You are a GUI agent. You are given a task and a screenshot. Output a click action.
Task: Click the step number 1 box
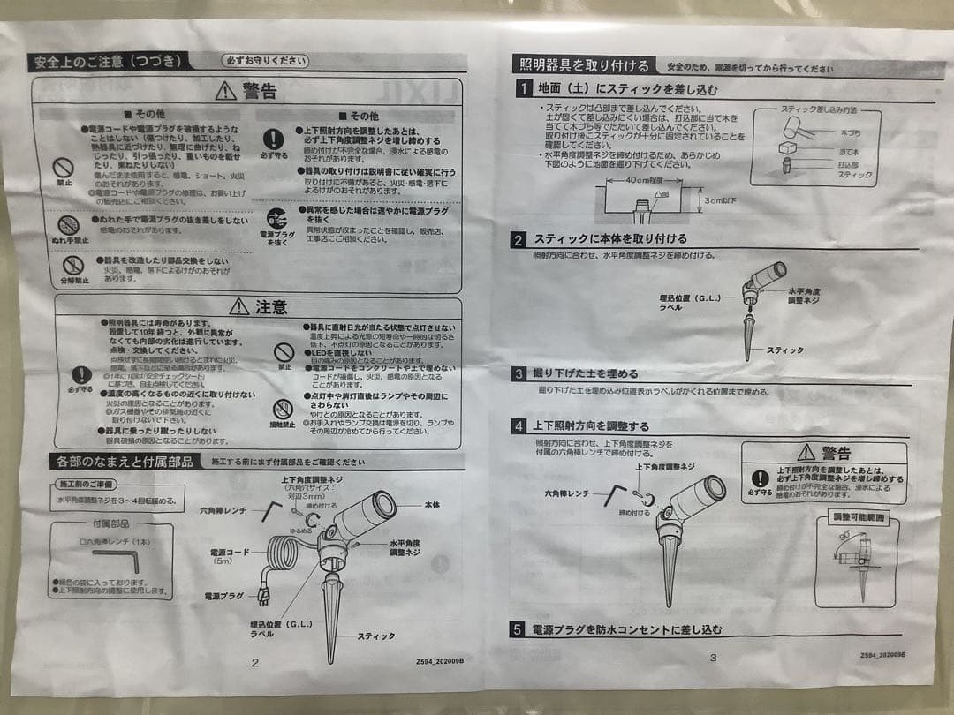pos(523,89)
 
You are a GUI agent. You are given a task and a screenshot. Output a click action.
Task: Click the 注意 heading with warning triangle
pos(259,307)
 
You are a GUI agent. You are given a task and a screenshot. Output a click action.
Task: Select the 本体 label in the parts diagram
pos(432,504)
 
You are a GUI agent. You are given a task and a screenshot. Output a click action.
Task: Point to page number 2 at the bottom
pos(255,661)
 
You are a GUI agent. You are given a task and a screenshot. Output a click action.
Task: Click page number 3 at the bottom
pos(713,658)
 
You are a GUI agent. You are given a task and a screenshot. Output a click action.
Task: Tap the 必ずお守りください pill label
pos(266,61)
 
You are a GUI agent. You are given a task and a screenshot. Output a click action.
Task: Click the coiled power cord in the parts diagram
pos(288,558)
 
